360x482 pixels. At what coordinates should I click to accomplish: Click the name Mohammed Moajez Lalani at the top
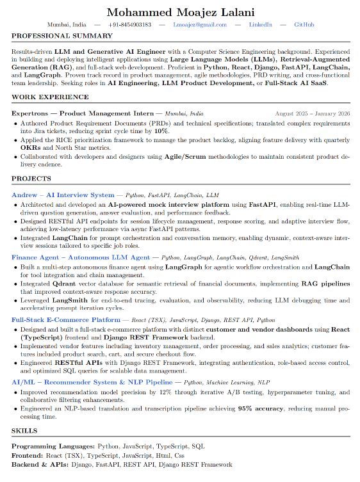(x=180, y=12)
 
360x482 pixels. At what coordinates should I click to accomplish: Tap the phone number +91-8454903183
(x=130, y=25)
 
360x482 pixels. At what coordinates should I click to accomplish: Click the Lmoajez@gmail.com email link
(x=200, y=25)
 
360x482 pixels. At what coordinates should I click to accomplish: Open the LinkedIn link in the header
(x=260, y=25)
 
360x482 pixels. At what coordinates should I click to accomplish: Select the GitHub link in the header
(x=304, y=25)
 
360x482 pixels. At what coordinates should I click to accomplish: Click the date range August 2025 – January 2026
(x=313, y=113)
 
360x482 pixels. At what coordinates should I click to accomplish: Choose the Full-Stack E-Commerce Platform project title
(x=66, y=319)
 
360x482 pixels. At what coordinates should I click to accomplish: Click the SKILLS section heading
(x=24, y=431)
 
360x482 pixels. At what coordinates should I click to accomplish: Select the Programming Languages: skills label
(x=53, y=446)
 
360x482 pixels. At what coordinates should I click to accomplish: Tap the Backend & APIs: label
(x=40, y=464)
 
